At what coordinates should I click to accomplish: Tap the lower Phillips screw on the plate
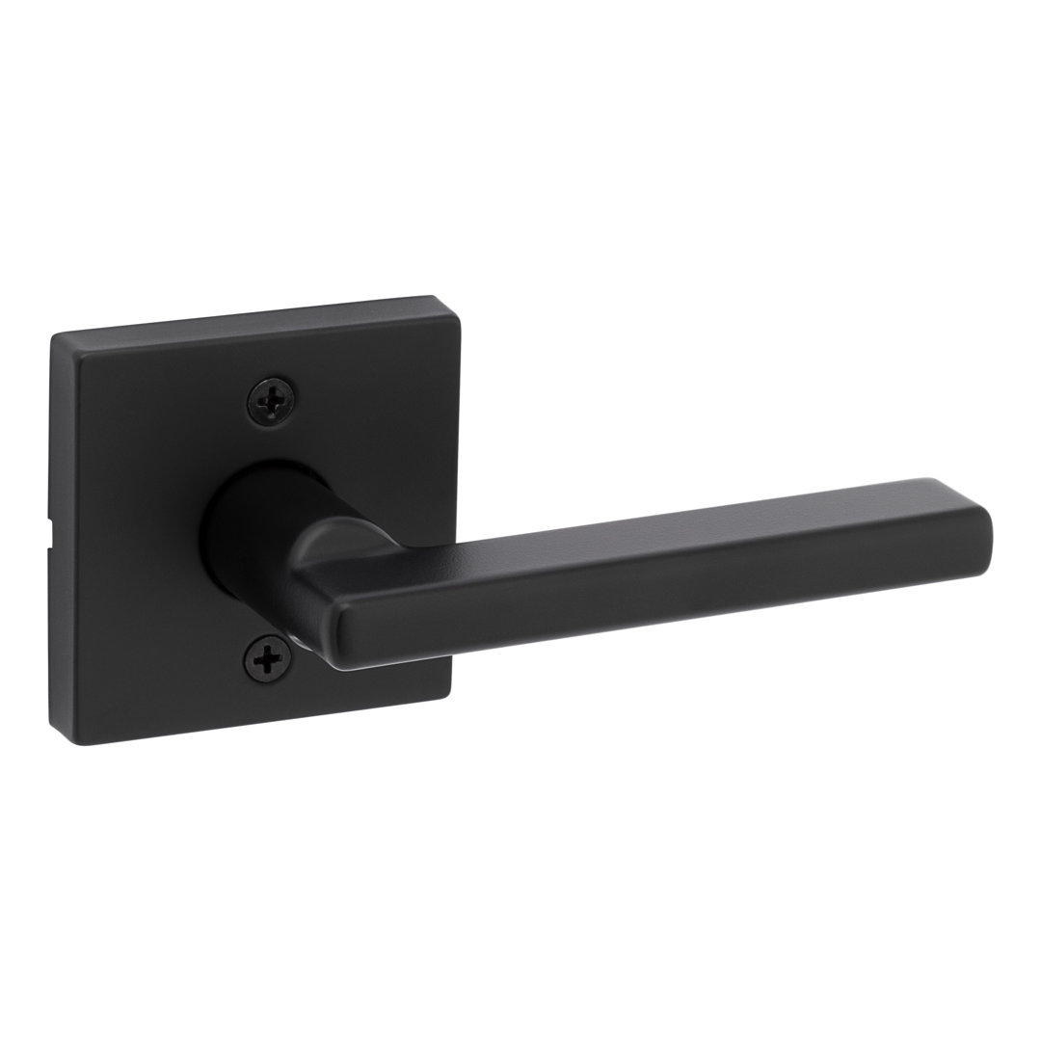point(267,659)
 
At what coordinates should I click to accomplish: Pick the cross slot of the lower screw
point(267,659)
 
